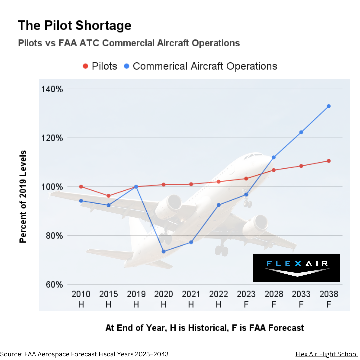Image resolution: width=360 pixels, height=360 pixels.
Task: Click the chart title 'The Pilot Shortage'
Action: click(74, 26)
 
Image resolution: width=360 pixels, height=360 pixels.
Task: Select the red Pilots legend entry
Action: click(100, 66)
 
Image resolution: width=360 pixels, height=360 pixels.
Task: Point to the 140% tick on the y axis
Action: click(52, 89)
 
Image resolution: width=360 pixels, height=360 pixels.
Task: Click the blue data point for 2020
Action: click(163, 251)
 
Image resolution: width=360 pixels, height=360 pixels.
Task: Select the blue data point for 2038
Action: click(328, 106)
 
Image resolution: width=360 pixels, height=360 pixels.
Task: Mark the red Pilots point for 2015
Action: click(108, 196)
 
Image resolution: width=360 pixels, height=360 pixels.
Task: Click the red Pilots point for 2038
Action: click(328, 161)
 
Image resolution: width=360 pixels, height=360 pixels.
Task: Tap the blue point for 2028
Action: click(274, 157)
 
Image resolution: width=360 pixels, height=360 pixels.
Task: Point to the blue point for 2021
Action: click(191, 242)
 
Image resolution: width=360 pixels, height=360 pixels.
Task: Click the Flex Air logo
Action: click(296, 268)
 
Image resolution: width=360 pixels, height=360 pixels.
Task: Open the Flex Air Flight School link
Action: click(326, 354)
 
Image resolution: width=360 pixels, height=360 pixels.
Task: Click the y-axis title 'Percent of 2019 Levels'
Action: click(23, 197)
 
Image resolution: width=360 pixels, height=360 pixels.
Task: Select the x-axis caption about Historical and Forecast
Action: click(204, 328)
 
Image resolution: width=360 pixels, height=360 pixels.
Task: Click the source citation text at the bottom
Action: click(84, 354)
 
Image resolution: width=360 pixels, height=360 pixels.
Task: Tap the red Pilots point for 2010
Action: click(81, 187)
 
